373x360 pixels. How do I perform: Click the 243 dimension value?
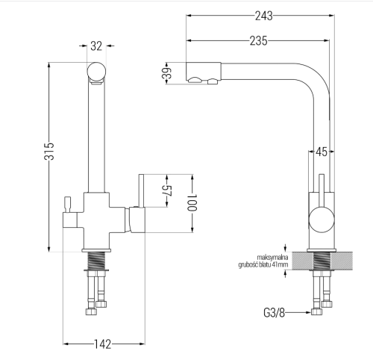pos(264,16)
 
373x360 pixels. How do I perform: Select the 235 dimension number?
pos(259,41)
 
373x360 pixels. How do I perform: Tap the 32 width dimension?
pos(96,46)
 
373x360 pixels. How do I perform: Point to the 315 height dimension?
pos(49,151)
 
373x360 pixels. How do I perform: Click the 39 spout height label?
pos(167,73)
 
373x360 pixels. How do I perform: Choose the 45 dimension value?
pos(322,152)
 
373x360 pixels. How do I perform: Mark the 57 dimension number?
pos(167,191)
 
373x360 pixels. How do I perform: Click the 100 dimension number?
pos(192,202)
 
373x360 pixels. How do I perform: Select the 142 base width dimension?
pos(102,344)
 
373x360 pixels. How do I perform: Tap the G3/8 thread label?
pos(274,313)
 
